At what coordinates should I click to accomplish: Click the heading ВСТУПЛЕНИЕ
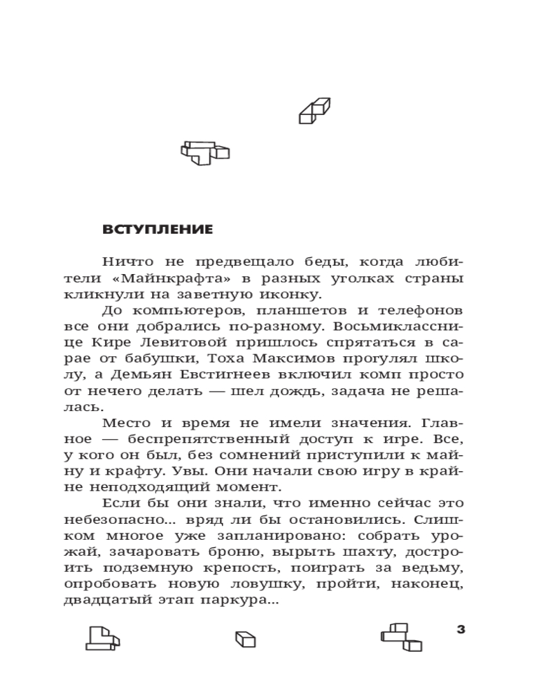pyautogui.click(x=158, y=230)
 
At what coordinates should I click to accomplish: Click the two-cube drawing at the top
pyautogui.click(x=315, y=111)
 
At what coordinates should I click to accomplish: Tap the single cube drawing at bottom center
pyautogui.click(x=245, y=639)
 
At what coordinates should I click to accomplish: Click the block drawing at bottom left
pyautogui.click(x=102, y=637)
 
